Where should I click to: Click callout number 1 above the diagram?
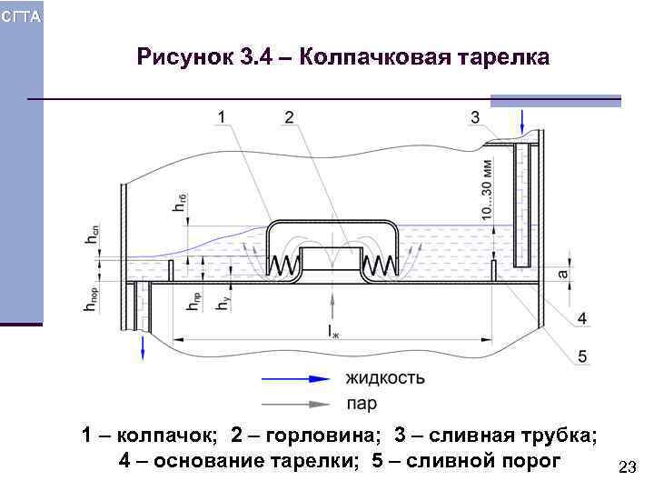[x=223, y=117]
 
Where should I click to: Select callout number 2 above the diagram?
[x=289, y=117]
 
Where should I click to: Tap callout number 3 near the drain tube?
[x=475, y=117]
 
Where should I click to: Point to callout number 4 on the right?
[x=581, y=317]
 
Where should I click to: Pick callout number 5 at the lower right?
[x=581, y=356]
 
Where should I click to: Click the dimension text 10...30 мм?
[x=487, y=188]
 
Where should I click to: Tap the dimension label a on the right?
[x=562, y=273]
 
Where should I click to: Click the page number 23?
[x=626, y=467]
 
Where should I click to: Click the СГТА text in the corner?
[x=21, y=17]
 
